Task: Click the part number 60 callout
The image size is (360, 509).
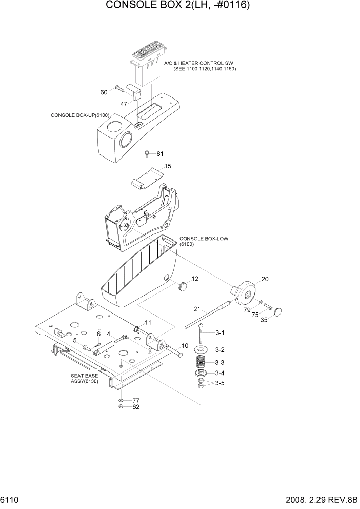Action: coord(104,92)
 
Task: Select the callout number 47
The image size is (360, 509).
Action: coord(124,104)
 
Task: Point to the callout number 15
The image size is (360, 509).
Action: coord(168,166)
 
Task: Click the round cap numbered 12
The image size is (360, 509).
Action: coord(183,285)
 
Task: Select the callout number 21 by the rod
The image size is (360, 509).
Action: coord(196,309)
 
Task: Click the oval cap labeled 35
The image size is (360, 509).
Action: coord(278,311)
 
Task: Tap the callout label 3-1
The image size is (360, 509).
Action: coord(219,333)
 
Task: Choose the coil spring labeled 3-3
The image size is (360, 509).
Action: coord(201,361)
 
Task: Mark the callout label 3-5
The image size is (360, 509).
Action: coord(219,383)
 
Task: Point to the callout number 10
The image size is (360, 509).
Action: coord(185,345)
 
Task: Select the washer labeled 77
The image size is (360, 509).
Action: coord(120,400)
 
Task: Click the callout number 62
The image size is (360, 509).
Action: coord(136,407)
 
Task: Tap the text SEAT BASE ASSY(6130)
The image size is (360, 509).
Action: coord(85,379)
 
